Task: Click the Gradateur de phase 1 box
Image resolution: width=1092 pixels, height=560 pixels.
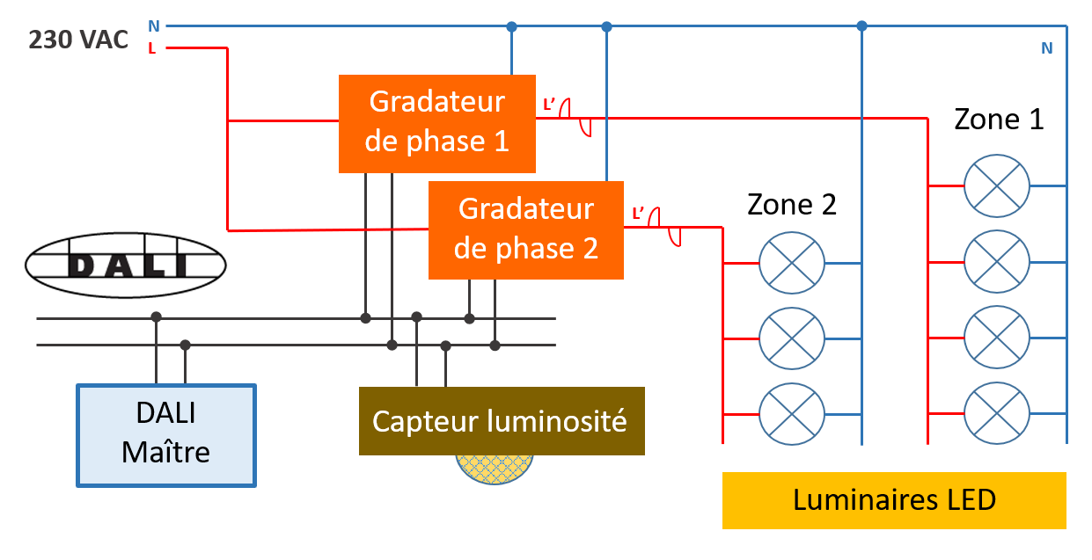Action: tap(437, 123)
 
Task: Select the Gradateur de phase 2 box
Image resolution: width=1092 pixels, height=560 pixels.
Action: tap(526, 229)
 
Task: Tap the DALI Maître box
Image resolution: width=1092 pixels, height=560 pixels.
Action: tap(166, 435)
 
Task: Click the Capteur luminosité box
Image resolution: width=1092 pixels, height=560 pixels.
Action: tap(501, 420)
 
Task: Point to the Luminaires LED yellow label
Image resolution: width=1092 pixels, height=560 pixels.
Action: tap(894, 500)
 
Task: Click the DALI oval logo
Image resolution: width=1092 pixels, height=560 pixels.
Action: tap(126, 265)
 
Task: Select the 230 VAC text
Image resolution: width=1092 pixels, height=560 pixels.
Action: tap(78, 40)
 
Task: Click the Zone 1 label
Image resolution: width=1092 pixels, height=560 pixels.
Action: tap(999, 119)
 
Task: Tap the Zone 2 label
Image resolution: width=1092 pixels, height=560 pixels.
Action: tap(791, 205)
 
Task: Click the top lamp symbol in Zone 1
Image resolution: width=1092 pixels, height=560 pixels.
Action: tap(996, 185)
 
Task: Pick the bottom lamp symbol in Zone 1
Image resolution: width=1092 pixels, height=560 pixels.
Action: tap(996, 413)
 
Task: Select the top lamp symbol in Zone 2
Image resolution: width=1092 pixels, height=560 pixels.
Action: tap(791, 263)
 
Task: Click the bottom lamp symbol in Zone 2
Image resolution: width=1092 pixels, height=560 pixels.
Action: tap(791, 413)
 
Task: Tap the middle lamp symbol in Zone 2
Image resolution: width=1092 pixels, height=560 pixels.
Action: tap(791, 338)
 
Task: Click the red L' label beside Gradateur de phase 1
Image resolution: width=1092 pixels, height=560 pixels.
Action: tap(550, 105)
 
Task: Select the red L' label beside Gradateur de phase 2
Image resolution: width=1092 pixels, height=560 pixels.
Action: tap(639, 213)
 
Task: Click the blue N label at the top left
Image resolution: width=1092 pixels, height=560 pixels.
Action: tap(153, 26)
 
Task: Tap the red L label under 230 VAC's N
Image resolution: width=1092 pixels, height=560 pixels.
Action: tap(152, 48)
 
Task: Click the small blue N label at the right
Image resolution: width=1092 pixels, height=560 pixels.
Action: tap(1046, 48)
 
